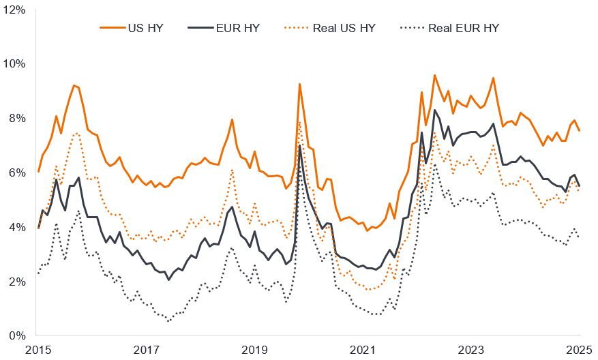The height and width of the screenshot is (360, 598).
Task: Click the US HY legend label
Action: [x=145, y=28]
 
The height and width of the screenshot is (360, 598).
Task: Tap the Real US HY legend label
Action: [x=344, y=28]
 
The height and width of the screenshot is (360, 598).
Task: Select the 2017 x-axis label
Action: [x=147, y=350]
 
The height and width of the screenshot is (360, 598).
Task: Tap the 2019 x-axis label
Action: [x=255, y=350]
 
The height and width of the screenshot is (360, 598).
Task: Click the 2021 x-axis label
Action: [x=363, y=350]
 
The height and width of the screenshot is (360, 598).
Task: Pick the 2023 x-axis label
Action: [x=472, y=350]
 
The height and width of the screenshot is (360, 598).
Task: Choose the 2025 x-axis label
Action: [x=580, y=350]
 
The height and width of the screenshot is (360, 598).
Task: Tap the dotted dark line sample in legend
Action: [x=411, y=28]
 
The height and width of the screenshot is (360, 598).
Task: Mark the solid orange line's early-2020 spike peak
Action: [x=299, y=84]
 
